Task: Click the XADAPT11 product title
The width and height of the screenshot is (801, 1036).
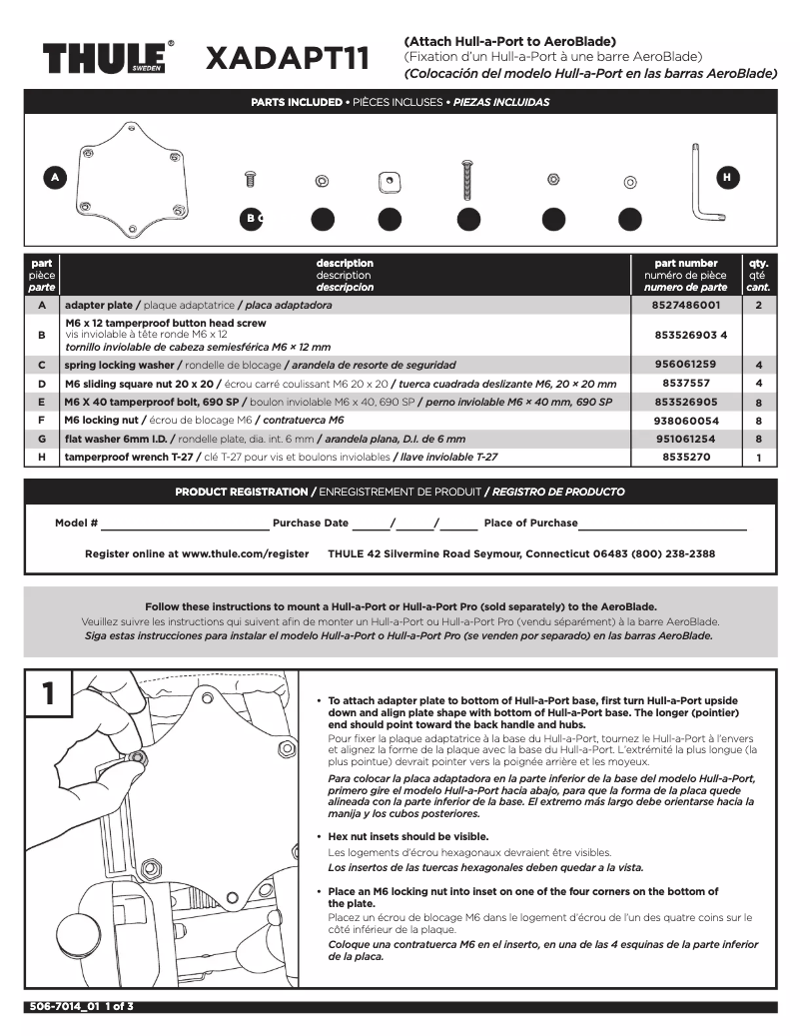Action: (287, 59)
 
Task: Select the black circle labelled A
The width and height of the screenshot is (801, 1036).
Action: (56, 177)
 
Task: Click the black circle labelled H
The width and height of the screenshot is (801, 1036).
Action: (727, 177)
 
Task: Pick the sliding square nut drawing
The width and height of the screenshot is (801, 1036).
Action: (390, 181)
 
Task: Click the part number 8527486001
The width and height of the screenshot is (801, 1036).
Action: (685, 304)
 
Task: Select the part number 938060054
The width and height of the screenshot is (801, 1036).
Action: (685, 421)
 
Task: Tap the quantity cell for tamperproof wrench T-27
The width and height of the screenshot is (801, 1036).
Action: (759, 457)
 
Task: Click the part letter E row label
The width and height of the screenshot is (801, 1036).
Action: (41, 402)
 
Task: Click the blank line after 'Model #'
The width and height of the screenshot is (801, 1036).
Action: (185, 524)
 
